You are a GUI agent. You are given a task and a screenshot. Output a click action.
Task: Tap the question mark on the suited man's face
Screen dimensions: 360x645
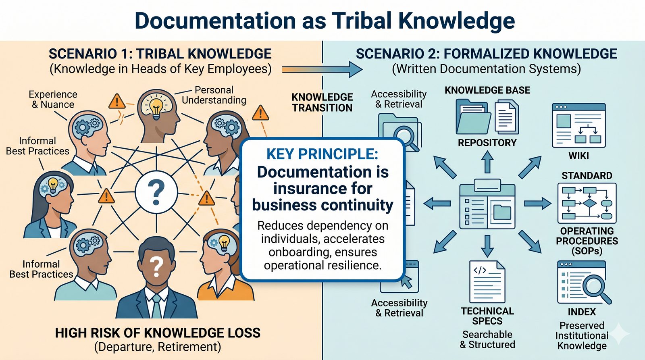(x=156, y=266)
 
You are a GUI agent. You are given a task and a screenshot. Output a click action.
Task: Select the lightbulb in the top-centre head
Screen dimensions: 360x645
(x=156, y=107)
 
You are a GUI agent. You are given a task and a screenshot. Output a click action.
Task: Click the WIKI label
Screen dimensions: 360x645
(x=578, y=156)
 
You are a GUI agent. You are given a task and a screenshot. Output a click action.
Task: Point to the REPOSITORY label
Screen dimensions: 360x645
(x=487, y=143)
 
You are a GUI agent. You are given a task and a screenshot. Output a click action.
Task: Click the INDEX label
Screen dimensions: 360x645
(x=582, y=312)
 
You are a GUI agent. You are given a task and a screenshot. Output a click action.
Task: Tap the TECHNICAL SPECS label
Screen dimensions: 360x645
(x=487, y=316)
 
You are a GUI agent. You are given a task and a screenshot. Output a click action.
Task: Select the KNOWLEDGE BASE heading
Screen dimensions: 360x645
(x=487, y=90)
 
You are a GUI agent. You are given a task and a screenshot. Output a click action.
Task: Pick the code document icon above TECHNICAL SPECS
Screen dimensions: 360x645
(x=487, y=281)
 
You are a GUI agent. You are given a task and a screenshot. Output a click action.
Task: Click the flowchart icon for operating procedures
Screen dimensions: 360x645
(x=587, y=203)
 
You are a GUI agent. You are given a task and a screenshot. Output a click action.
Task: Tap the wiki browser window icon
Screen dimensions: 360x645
(x=578, y=125)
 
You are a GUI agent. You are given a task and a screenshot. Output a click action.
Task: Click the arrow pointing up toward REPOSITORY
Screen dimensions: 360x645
(x=487, y=162)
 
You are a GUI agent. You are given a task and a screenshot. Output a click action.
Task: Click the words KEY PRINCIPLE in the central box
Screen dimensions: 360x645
(x=322, y=154)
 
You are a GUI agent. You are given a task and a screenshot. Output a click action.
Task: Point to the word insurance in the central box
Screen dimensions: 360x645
(x=322, y=189)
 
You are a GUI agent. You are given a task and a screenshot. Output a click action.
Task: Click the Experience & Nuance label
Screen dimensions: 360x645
(x=53, y=100)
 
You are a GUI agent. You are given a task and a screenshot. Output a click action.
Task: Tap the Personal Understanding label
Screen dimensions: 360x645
(x=214, y=95)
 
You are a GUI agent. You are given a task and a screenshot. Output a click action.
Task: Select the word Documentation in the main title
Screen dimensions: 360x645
(x=215, y=21)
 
